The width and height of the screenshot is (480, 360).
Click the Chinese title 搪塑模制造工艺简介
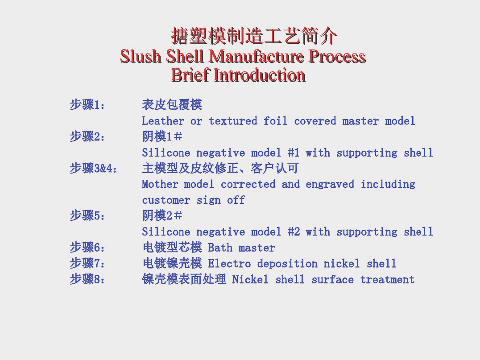pyautogui.click(x=254, y=36)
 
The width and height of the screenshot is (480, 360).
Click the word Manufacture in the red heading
pyautogui.click(x=257, y=56)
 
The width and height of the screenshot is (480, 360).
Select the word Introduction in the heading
pyautogui.click(x=259, y=75)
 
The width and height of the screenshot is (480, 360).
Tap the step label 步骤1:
pyautogui.click(x=87, y=105)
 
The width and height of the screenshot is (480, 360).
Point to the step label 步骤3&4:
pyautogui.click(x=93, y=168)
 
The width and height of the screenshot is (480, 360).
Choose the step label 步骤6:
pyautogui.click(x=87, y=247)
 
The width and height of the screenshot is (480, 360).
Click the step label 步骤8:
pyautogui.click(x=87, y=279)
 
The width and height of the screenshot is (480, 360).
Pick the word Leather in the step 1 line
pyautogui.click(x=163, y=121)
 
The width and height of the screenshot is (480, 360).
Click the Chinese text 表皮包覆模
pyautogui.click(x=172, y=105)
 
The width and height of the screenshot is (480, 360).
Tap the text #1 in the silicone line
pyautogui.click(x=294, y=153)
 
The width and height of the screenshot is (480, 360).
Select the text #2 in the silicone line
pyautogui.click(x=294, y=232)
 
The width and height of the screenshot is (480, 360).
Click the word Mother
pyautogui.click(x=160, y=184)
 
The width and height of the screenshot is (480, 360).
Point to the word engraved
pyautogui.click(x=330, y=184)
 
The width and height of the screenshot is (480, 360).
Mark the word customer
pyautogui.click(x=166, y=200)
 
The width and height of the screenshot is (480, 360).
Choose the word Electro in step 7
pyautogui.click(x=229, y=263)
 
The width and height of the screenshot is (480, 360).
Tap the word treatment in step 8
pyautogui.click(x=387, y=279)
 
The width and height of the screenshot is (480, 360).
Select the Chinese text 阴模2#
pyautogui.click(x=162, y=216)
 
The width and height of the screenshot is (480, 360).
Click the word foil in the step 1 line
pyautogui.click(x=275, y=121)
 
